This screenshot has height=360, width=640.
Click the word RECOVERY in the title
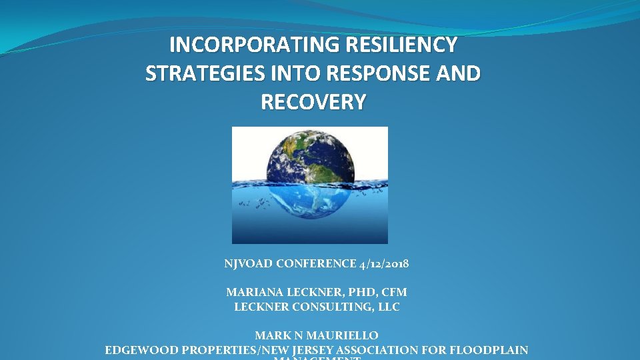313,102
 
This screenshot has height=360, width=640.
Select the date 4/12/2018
384,264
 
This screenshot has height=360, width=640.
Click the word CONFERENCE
314,264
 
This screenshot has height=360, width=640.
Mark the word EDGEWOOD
139,350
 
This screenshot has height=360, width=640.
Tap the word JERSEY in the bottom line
311,350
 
